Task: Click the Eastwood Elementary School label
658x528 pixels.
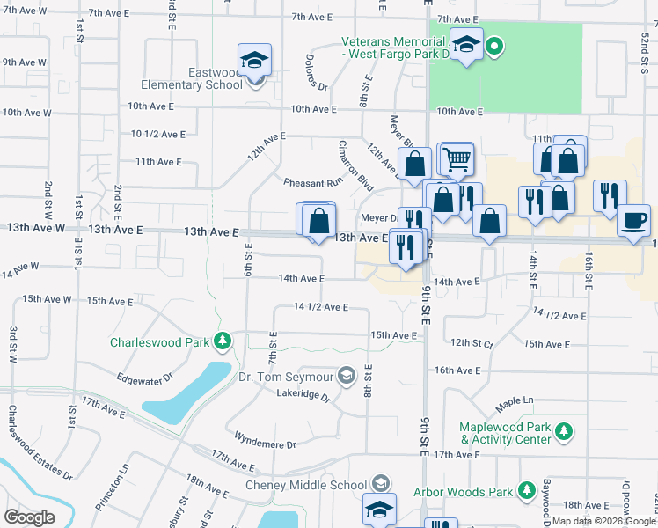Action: [192, 78]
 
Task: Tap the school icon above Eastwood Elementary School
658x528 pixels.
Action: [254, 60]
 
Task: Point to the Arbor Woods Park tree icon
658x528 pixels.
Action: [527, 489]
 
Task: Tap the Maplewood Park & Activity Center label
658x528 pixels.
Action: [505, 433]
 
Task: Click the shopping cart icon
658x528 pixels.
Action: [456, 159]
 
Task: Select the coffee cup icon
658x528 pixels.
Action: [632, 220]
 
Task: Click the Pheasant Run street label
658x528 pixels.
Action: [312, 183]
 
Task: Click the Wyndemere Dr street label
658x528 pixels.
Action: [267, 440]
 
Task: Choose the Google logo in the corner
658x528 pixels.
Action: [29, 517]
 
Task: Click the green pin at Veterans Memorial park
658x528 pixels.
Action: [494, 46]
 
